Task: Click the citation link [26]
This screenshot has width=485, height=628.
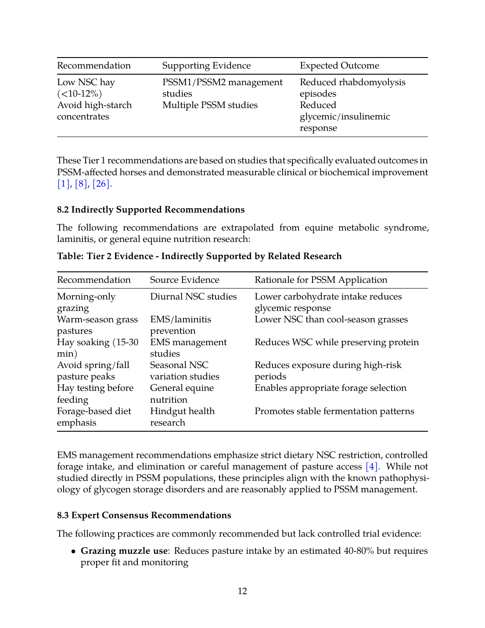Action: click(x=101, y=184)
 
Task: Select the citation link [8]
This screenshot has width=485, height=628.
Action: click(x=81, y=184)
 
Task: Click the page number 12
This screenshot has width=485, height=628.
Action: click(x=242, y=591)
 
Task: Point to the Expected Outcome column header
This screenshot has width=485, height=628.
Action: click(x=339, y=65)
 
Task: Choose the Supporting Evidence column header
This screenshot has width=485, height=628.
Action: click(x=206, y=65)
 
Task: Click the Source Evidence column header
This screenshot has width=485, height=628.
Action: click(x=184, y=280)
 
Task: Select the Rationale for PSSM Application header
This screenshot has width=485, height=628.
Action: click(x=321, y=280)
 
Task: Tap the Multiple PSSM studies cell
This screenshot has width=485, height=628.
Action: click(x=210, y=105)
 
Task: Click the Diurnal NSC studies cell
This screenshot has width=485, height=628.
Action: click(x=193, y=296)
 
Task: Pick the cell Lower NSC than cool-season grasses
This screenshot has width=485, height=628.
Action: click(x=331, y=319)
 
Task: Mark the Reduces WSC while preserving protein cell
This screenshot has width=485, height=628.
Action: click(x=337, y=342)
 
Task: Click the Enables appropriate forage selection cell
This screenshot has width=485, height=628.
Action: click(x=331, y=388)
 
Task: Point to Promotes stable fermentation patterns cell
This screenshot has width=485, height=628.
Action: click(x=334, y=411)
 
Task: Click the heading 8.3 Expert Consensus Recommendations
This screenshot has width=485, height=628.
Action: click(x=144, y=515)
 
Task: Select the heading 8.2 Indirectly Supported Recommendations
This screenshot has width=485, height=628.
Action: click(x=151, y=209)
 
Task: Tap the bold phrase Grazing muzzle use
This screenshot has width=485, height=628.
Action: click(x=124, y=551)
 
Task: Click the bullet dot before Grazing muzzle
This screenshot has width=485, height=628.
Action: click(x=73, y=551)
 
